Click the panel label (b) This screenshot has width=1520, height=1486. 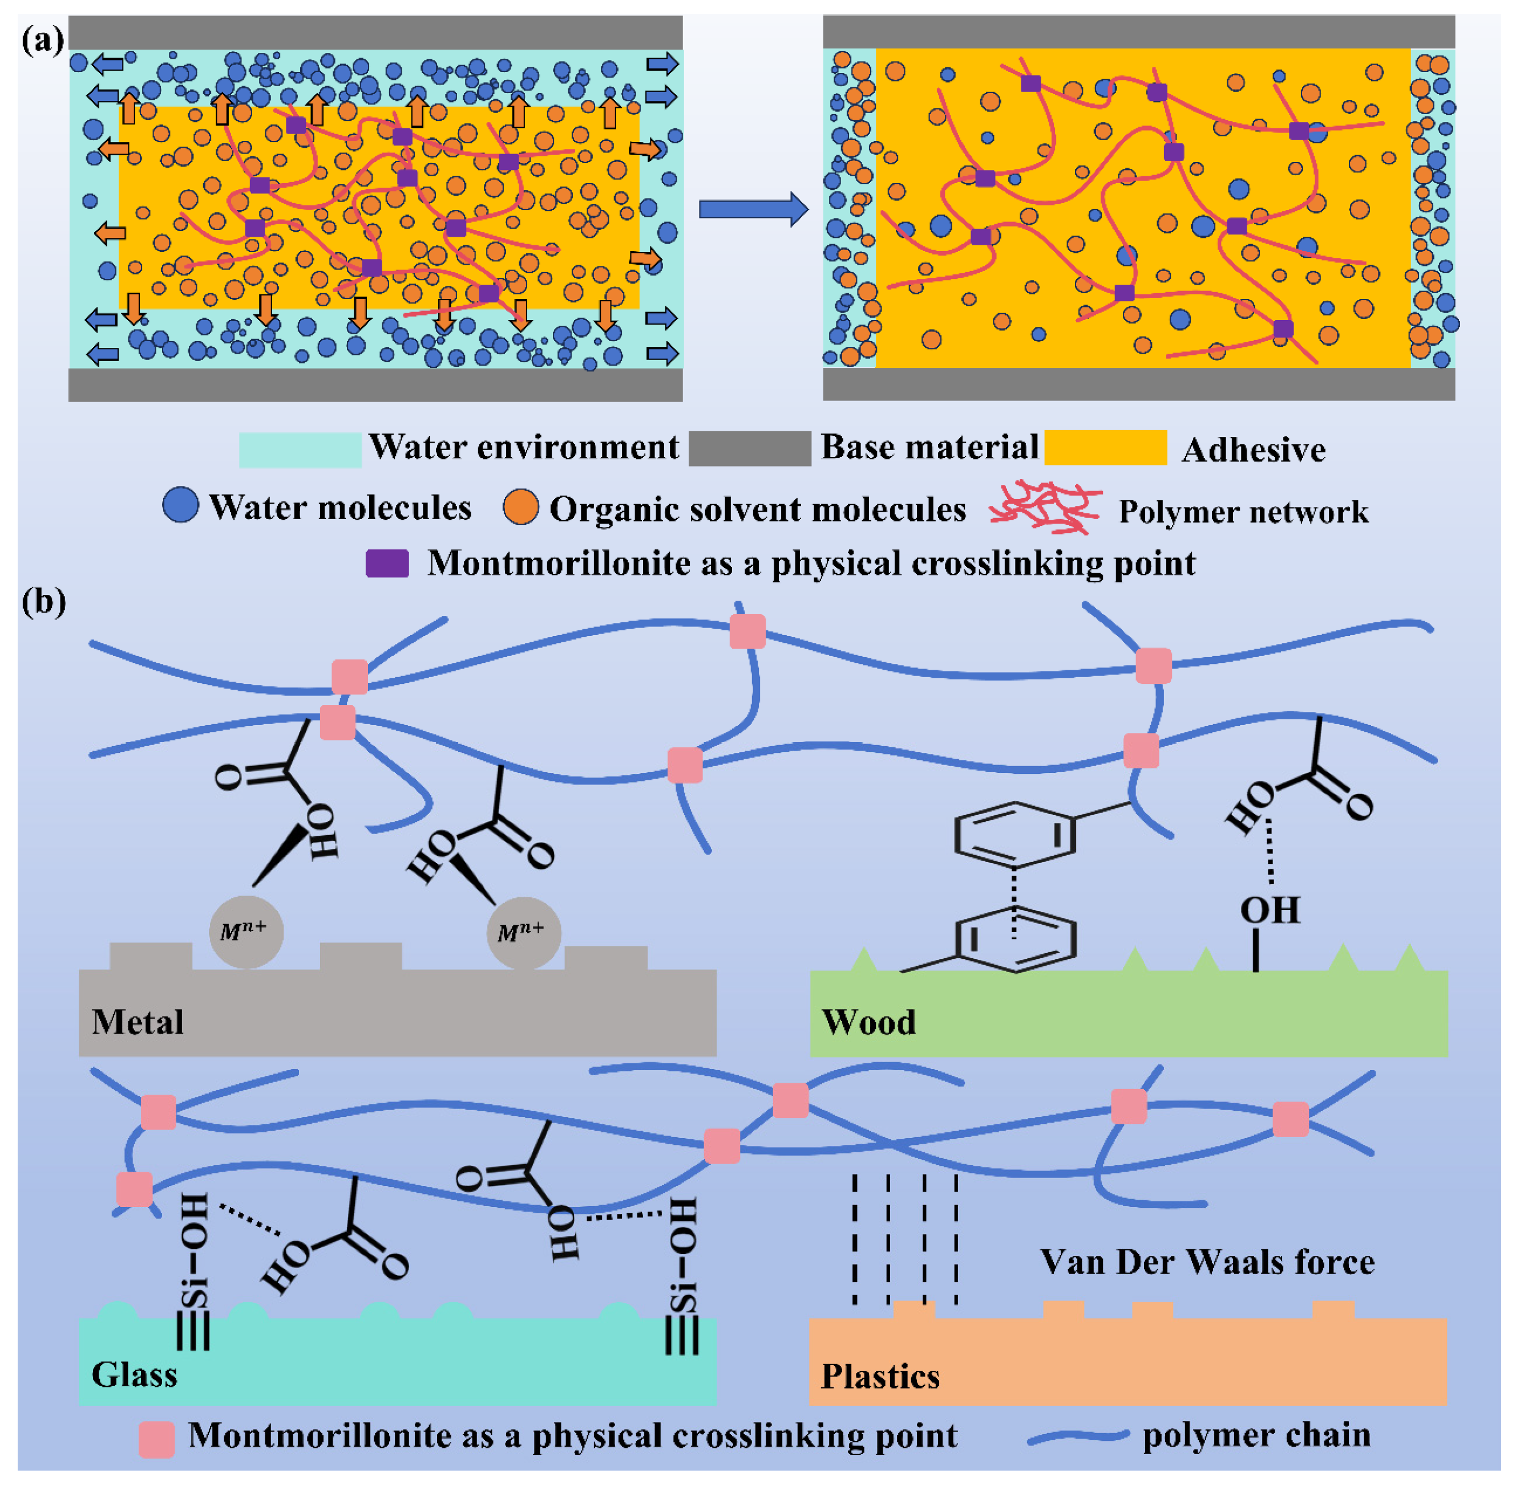(44, 602)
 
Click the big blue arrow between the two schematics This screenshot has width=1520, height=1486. (753, 209)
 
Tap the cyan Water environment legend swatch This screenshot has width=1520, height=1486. (300, 450)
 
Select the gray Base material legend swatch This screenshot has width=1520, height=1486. (750, 448)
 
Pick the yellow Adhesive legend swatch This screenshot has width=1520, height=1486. (1105, 447)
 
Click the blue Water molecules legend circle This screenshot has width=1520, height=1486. (180, 505)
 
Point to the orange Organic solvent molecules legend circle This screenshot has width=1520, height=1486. (521, 507)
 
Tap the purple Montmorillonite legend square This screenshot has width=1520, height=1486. (387, 562)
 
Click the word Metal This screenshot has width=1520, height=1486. (138, 1022)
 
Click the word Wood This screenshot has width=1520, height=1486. (868, 1022)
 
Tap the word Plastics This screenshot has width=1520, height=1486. (880, 1376)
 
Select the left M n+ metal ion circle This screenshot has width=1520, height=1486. (246, 931)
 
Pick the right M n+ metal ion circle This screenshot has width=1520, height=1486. (523, 932)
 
